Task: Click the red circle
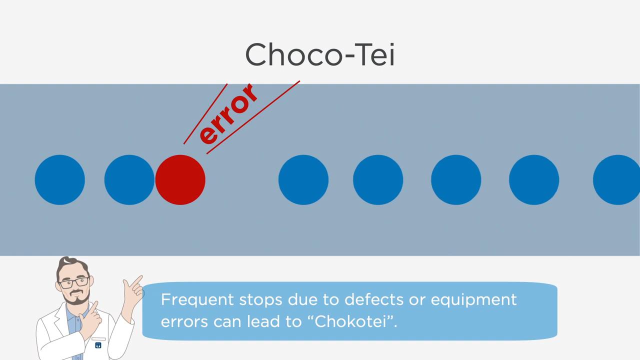pyautogui.click(x=180, y=179)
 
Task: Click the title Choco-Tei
pyautogui.click(x=320, y=54)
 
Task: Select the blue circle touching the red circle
pyautogui.click(x=129, y=179)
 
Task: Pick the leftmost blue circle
pyautogui.click(x=59, y=179)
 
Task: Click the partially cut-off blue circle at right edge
pyautogui.click(x=616, y=179)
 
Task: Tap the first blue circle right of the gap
pyautogui.click(x=303, y=179)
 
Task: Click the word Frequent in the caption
pyautogui.click(x=197, y=299)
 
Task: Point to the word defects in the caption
pyautogui.click(x=374, y=299)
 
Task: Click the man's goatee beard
pyautogui.click(x=76, y=297)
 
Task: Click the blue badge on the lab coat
pyautogui.click(x=98, y=345)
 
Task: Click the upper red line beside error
pyautogui.click(x=205, y=113)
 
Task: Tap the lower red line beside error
pyautogui.click(x=253, y=117)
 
